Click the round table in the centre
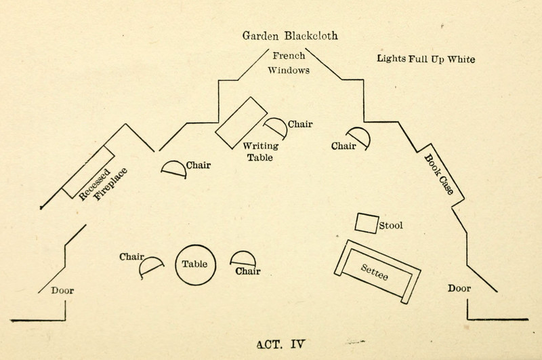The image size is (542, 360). [196, 264]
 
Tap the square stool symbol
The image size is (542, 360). [367, 222]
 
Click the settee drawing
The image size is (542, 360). [375, 271]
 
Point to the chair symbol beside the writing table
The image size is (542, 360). [274, 127]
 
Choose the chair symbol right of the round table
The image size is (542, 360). [243, 258]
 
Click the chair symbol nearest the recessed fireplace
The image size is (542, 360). [173, 168]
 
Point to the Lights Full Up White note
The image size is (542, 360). [426, 58]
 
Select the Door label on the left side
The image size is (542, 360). [62, 291]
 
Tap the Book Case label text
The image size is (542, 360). [439, 174]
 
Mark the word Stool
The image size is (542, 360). [392, 225]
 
